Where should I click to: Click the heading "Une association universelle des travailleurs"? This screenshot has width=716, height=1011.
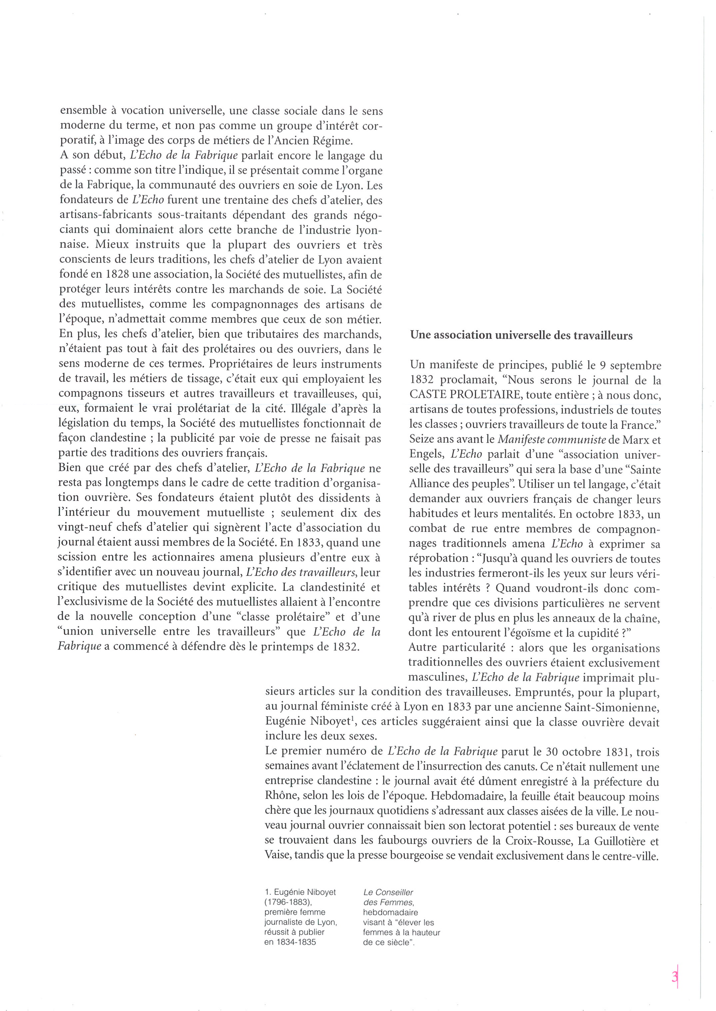click(x=521, y=336)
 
